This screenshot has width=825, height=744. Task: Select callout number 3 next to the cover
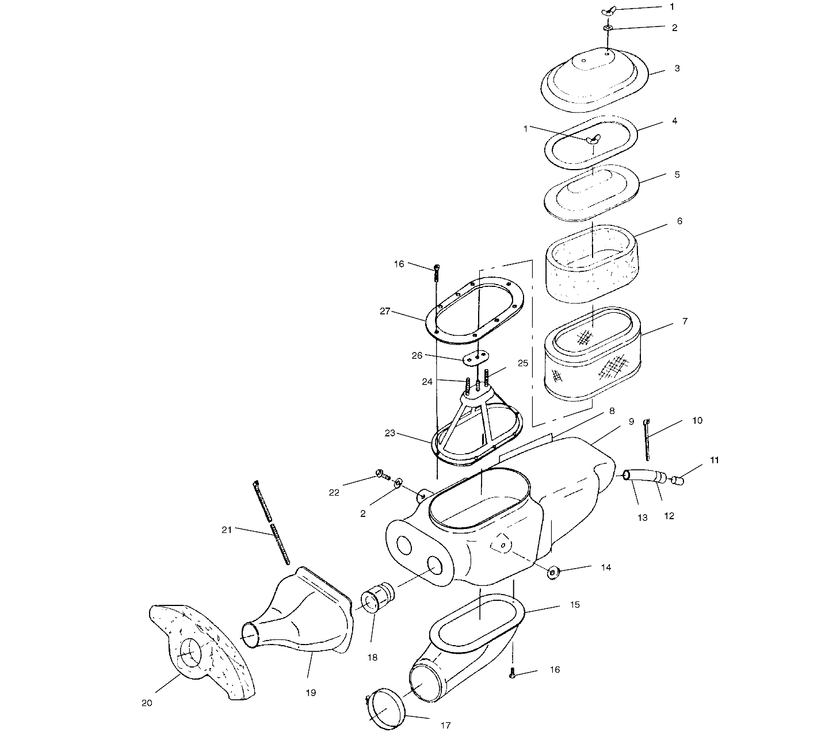click(677, 68)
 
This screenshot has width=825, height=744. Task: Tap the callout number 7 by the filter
click(685, 321)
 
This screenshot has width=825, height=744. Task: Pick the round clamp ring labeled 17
click(386, 711)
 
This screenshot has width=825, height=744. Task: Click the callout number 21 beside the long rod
click(227, 530)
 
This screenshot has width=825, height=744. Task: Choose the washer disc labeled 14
click(554, 573)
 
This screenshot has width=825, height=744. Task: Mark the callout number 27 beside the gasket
click(385, 311)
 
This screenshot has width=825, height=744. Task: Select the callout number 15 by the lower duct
click(575, 605)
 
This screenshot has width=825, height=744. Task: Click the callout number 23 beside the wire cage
click(390, 433)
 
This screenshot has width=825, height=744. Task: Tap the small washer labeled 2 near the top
click(608, 28)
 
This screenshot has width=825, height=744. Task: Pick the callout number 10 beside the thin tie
click(697, 420)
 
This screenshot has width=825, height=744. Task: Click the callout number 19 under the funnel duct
click(310, 693)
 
